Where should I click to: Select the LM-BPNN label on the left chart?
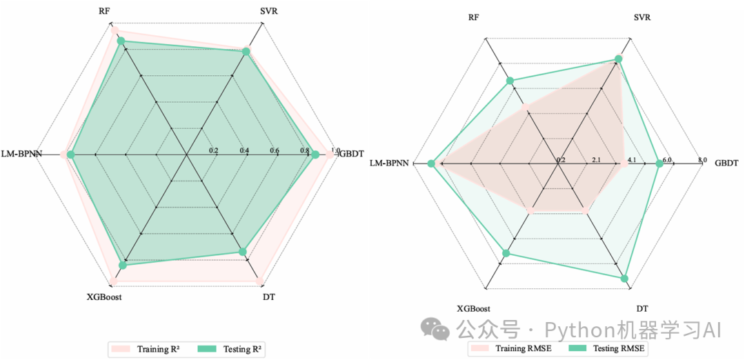click(x=21, y=153)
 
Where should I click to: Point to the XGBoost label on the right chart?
click(x=474, y=308)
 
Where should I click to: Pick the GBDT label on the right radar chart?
click(x=726, y=163)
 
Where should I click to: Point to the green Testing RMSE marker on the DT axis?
click(x=625, y=279)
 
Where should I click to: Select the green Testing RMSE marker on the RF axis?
click(x=510, y=81)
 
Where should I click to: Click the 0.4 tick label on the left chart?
click(x=244, y=150)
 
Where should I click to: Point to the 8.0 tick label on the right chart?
click(x=702, y=160)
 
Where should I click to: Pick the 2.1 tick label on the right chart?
click(x=596, y=161)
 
